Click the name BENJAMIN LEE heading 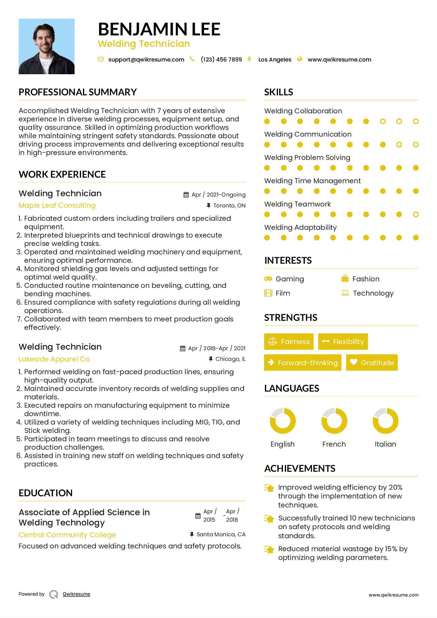(x=159, y=29)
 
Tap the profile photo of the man (x=47, y=46)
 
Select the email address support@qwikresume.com (x=146, y=60)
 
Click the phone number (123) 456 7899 (x=221, y=60)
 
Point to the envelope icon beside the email (x=101, y=59)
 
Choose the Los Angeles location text (x=275, y=60)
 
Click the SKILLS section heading (x=279, y=92)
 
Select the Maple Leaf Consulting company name (x=57, y=206)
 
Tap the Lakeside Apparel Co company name (x=54, y=359)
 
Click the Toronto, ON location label (x=229, y=206)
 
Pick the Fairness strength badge (x=289, y=342)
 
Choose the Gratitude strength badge (x=372, y=363)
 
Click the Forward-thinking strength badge (x=303, y=363)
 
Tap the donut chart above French (x=334, y=421)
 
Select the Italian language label (x=385, y=444)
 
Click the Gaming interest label (x=290, y=279)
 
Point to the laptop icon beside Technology (x=345, y=293)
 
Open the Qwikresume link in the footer (x=76, y=594)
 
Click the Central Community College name (x=67, y=535)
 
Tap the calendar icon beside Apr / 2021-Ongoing (x=186, y=195)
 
